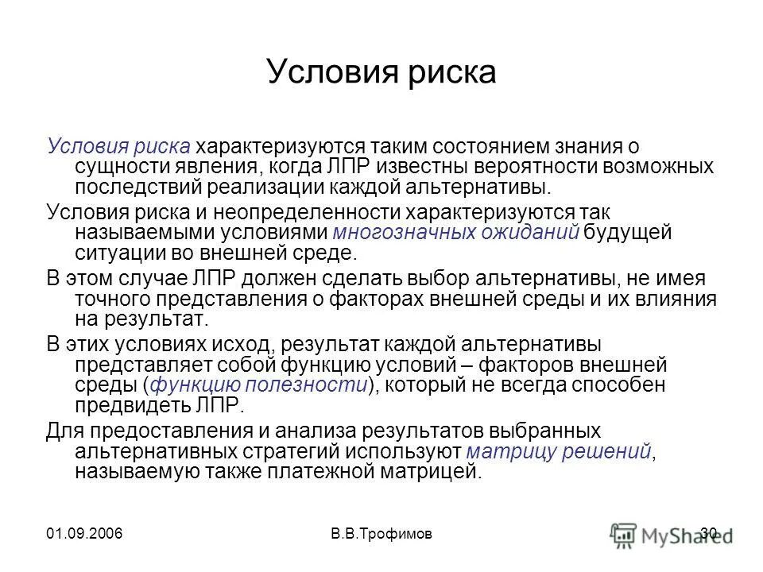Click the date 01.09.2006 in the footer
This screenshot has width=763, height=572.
[86, 533]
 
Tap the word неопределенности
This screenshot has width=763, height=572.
[287, 211]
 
